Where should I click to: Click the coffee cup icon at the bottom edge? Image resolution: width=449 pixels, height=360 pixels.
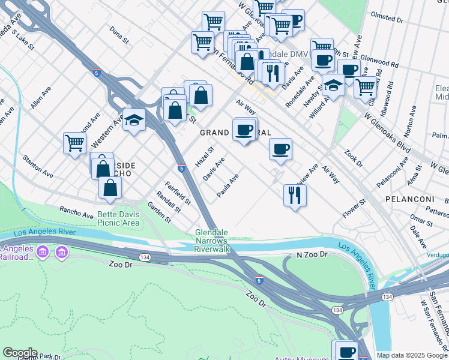[345, 350]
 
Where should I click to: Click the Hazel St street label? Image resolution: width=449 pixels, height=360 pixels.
[205, 158]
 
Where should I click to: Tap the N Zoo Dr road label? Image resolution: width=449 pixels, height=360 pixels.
[312, 254]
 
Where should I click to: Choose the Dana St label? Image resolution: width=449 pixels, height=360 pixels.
[119, 36]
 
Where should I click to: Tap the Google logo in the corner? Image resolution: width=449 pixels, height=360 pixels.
[20, 353]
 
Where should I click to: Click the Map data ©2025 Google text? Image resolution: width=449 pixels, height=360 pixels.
[412, 355]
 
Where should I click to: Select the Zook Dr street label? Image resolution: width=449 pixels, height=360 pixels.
[354, 159]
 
